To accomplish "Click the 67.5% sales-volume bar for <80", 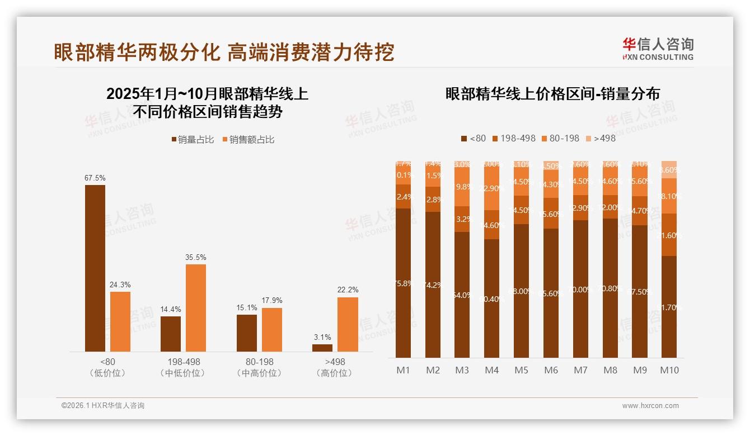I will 95,268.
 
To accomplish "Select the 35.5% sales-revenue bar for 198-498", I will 196,308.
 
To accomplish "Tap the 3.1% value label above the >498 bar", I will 322,337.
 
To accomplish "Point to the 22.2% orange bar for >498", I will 348,324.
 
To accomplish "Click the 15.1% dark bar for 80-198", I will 247,333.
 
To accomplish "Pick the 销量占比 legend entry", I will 193,140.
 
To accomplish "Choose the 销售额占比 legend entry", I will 249,140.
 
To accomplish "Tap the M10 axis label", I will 669,370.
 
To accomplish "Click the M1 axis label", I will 403,370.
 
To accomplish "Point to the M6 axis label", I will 551,370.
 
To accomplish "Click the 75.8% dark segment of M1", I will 403,283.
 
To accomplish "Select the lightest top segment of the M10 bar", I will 669,169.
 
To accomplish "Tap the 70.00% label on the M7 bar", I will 580,290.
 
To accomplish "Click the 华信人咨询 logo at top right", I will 658,48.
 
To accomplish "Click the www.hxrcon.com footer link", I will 650,406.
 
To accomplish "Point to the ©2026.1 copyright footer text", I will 102,406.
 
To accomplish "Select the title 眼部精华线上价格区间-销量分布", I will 552,94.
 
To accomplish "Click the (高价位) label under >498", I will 335,373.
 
